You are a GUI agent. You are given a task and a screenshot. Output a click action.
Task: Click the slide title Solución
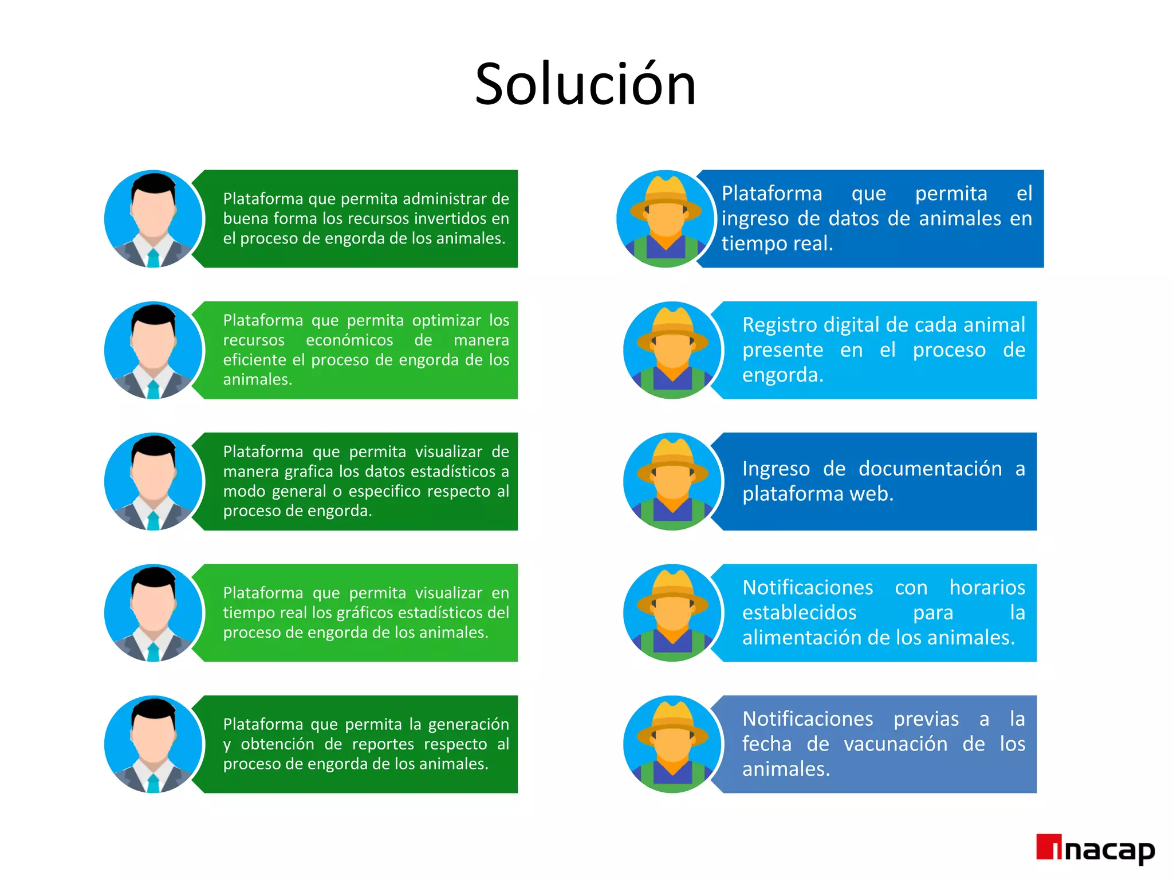pos(585,85)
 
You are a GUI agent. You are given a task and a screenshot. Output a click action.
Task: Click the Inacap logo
pos(1095,850)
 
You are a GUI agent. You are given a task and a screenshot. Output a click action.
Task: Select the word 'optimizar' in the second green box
pos(446,320)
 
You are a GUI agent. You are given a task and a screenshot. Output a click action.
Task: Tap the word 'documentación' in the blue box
pos(930,469)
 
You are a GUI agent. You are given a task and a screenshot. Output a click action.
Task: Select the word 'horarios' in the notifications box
pos(987,587)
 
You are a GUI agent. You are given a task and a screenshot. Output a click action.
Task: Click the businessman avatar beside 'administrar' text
pos(153,219)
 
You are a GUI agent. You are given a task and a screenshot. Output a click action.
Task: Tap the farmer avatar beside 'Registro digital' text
pos(672,350)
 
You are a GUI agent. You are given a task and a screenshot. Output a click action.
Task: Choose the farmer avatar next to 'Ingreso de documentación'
pos(672,481)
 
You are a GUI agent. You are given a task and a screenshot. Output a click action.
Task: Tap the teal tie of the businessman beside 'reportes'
pos(153,783)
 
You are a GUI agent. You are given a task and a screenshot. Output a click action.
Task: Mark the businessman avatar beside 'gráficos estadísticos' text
pos(153,613)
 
